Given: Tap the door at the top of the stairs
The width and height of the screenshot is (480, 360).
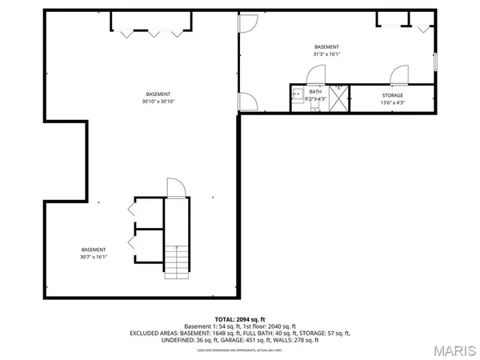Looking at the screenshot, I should (x=174, y=186).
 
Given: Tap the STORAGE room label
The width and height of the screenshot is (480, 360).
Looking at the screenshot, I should (x=392, y=95).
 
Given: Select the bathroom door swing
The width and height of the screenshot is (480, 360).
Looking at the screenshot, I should (x=314, y=78).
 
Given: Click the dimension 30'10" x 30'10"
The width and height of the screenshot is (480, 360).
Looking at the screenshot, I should (x=158, y=102).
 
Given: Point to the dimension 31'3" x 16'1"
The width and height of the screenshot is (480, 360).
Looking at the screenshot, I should (x=326, y=54).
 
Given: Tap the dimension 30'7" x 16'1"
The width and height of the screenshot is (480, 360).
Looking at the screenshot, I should (x=93, y=257).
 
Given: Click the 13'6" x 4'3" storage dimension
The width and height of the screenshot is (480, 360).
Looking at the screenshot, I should (x=392, y=102).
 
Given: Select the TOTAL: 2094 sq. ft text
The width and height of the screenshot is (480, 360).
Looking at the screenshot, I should (x=240, y=319).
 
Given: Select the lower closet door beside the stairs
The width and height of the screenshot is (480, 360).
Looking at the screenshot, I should (x=133, y=241).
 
